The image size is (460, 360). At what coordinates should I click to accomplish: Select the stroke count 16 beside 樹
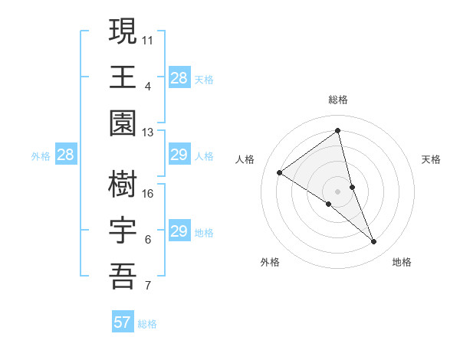click(148, 193)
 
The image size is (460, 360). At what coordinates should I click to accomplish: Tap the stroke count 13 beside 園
click(148, 133)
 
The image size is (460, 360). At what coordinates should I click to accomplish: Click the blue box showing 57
click(123, 322)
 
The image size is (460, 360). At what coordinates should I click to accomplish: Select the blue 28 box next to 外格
click(66, 155)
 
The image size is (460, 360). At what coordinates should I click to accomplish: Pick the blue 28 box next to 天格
click(179, 78)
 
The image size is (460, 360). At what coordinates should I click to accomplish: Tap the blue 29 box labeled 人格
click(179, 155)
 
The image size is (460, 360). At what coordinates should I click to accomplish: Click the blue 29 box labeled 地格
click(179, 231)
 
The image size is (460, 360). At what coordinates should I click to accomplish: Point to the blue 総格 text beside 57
click(147, 324)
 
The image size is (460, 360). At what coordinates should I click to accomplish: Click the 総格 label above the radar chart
click(337, 100)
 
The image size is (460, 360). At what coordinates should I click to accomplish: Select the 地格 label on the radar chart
click(402, 262)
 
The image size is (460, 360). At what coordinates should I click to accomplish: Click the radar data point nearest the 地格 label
click(374, 242)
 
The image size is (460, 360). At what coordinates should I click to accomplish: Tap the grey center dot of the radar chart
click(337, 191)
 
